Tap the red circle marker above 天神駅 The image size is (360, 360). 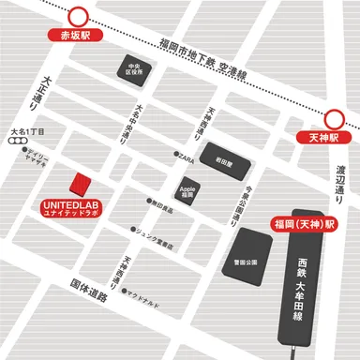(335, 118)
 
